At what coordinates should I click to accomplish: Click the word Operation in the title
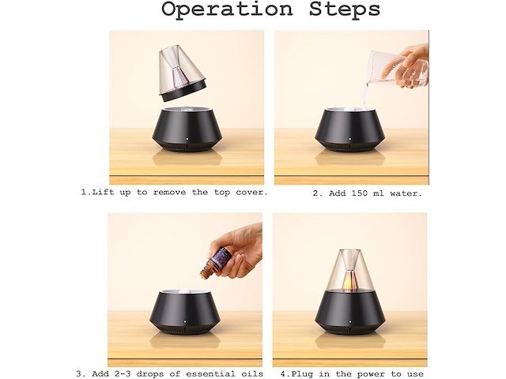click(227, 9)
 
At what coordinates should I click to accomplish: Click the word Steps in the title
click(345, 9)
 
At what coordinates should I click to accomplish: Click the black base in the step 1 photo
click(187, 129)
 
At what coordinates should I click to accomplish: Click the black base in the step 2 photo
click(349, 129)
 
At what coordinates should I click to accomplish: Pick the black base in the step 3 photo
click(185, 312)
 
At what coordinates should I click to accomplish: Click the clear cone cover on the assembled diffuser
click(349, 270)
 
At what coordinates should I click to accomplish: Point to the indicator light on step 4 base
click(350, 321)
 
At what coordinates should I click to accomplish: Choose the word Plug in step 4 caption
click(302, 374)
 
